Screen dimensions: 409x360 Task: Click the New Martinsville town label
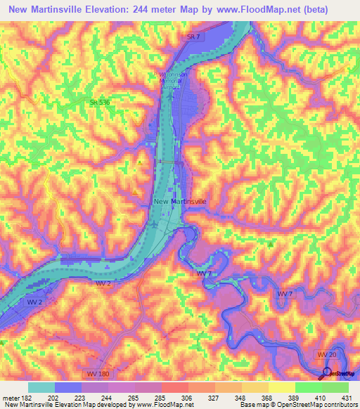179,201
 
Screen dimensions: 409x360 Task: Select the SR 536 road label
99,103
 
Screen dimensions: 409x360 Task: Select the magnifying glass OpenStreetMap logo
327,372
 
